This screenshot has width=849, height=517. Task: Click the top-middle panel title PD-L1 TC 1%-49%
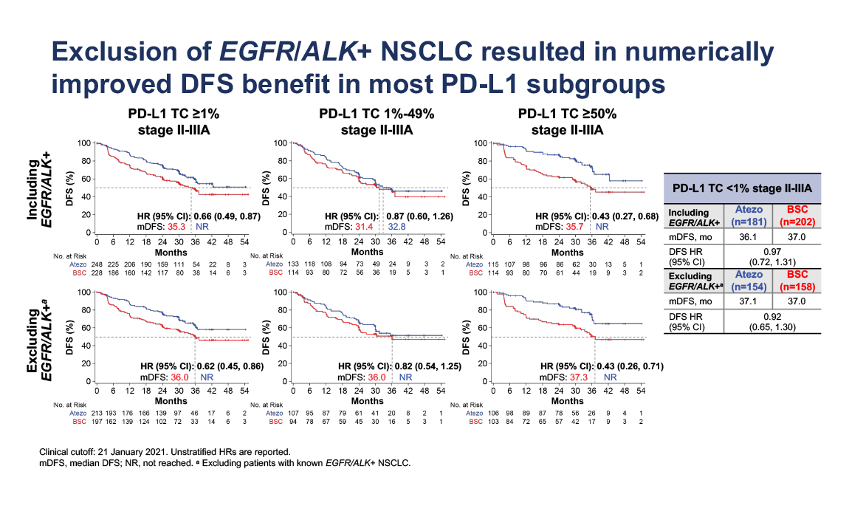[x=377, y=114]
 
